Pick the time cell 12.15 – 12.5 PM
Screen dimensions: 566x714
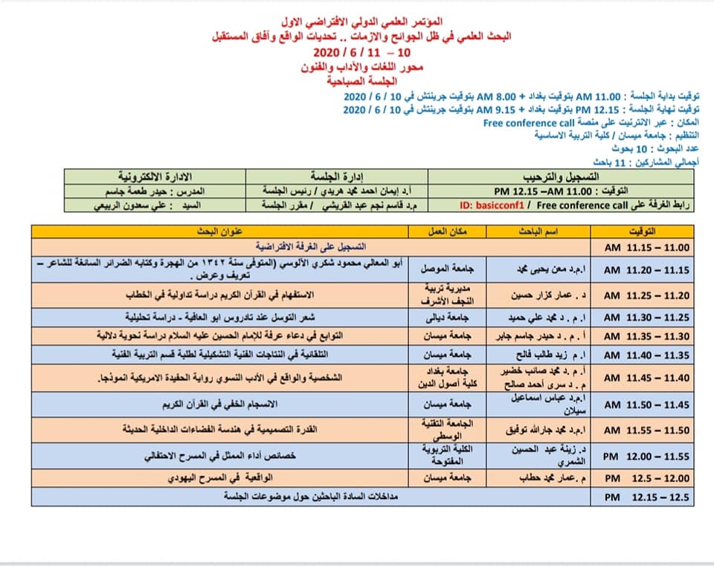[646, 495]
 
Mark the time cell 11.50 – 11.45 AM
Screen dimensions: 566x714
[646, 405]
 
